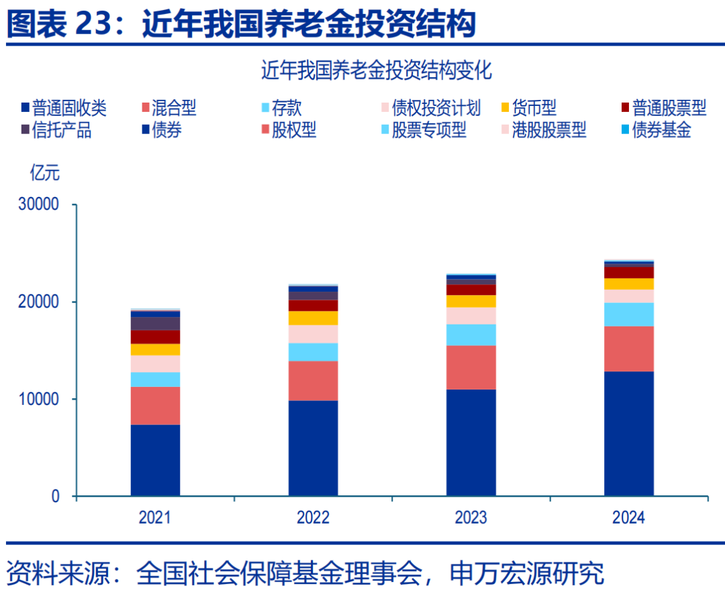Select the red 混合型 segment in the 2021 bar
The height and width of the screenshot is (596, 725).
point(155,406)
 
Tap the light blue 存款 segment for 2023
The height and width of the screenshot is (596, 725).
point(471,335)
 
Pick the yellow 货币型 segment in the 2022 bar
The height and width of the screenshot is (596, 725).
point(313,318)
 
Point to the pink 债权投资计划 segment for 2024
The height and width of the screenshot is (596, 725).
point(628,296)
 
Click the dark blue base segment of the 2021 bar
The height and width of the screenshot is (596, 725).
point(155,460)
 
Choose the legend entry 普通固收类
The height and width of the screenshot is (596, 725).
point(64,107)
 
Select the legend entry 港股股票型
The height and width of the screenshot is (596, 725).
point(544,130)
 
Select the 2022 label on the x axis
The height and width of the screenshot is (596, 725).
point(313,518)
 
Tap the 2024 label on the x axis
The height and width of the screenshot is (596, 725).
point(628,518)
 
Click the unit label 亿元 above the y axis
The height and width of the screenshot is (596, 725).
point(44,173)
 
